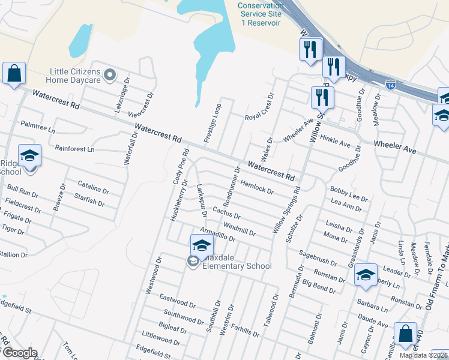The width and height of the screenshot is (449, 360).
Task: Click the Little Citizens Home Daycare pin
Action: [110, 75]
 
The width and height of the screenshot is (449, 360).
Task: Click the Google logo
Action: [19, 353]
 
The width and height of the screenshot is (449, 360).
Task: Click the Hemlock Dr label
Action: [257, 187]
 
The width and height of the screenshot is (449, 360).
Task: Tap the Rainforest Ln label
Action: [74, 148]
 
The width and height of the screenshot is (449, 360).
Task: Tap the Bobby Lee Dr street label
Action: [348, 193]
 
